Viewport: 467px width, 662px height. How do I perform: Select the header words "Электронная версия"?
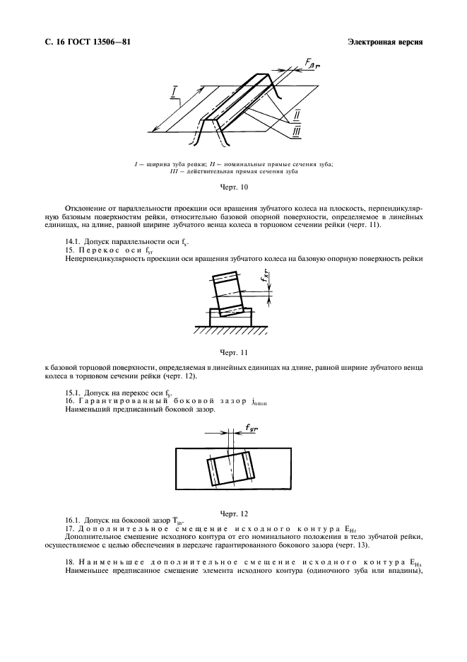385,42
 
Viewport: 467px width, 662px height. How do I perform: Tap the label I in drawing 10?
174,93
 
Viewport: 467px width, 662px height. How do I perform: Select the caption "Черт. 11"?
233,351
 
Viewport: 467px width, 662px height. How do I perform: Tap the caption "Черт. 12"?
233,513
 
